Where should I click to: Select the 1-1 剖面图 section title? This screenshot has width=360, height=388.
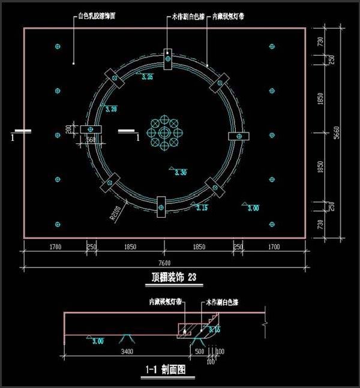[165, 371]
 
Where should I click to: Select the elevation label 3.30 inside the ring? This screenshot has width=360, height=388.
[180, 173]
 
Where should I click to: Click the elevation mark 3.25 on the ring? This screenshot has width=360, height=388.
[146, 77]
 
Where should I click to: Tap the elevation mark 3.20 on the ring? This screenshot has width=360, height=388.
[110, 109]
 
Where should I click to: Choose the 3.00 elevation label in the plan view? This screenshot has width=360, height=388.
[254, 208]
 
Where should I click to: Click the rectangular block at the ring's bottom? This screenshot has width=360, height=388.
[161, 206]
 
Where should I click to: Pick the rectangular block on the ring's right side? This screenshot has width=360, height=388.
[239, 137]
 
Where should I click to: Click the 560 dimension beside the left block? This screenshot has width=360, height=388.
[91, 140]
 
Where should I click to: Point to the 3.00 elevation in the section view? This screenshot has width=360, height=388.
[97, 341]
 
